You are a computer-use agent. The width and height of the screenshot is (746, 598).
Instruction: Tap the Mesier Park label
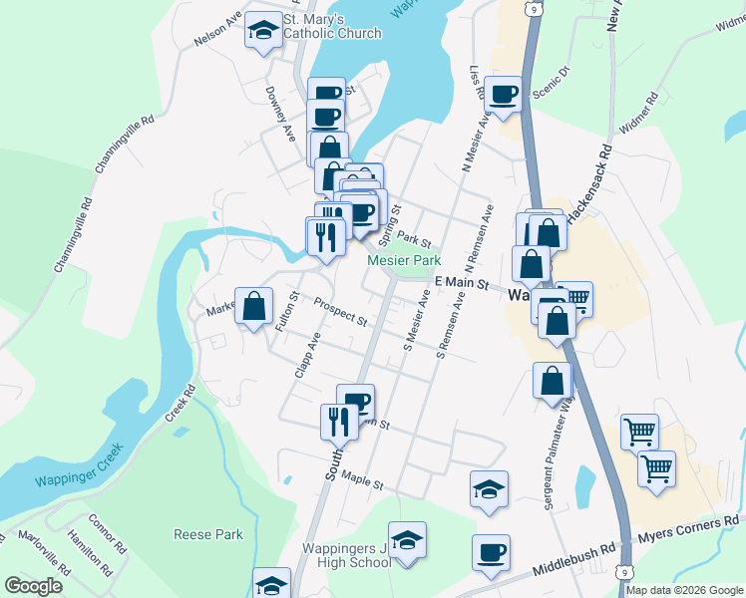pos(404,260)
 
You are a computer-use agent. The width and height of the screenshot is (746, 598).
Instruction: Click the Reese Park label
pos(208,534)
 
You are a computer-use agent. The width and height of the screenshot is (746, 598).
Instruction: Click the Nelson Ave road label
pos(218,29)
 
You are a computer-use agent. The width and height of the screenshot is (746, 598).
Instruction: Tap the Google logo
pos(33,586)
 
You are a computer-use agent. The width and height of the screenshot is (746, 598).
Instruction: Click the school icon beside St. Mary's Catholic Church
pos(263,30)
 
